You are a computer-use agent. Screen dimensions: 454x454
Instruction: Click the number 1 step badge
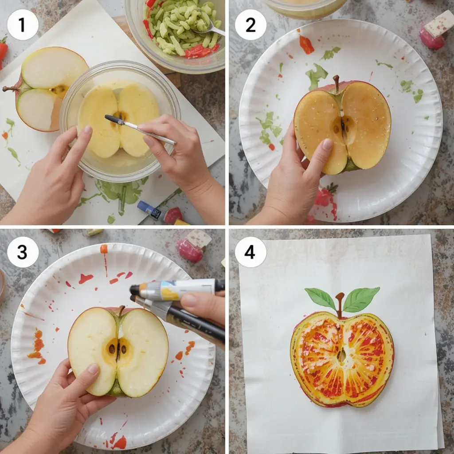pyautogui.click(x=23, y=25)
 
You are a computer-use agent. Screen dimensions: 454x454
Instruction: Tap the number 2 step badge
pyautogui.click(x=250, y=25)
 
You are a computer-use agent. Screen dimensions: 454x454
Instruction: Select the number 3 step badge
pyautogui.click(x=23, y=252)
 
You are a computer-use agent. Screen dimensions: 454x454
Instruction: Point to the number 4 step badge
pyautogui.click(x=250, y=252)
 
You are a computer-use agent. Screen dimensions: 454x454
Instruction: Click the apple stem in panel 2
pyautogui.click(x=337, y=82)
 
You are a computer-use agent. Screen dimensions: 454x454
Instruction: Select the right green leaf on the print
pyautogui.click(x=361, y=299)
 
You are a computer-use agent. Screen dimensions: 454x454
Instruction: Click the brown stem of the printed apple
pyautogui.click(x=340, y=304)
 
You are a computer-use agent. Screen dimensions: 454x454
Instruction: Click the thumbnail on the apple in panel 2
pyautogui.click(x=327, y=144)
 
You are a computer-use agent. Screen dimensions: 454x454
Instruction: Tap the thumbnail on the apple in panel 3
pyautogui.click(x=93, y=369)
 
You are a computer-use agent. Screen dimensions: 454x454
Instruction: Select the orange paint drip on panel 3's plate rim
pyautogui.click(x=104, y=249)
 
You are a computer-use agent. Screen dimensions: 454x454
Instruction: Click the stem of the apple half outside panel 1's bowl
pyautogui.click(x=11, y=89)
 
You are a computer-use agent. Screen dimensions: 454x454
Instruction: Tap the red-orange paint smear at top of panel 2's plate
pyautogui.click(x=306, y=45)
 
